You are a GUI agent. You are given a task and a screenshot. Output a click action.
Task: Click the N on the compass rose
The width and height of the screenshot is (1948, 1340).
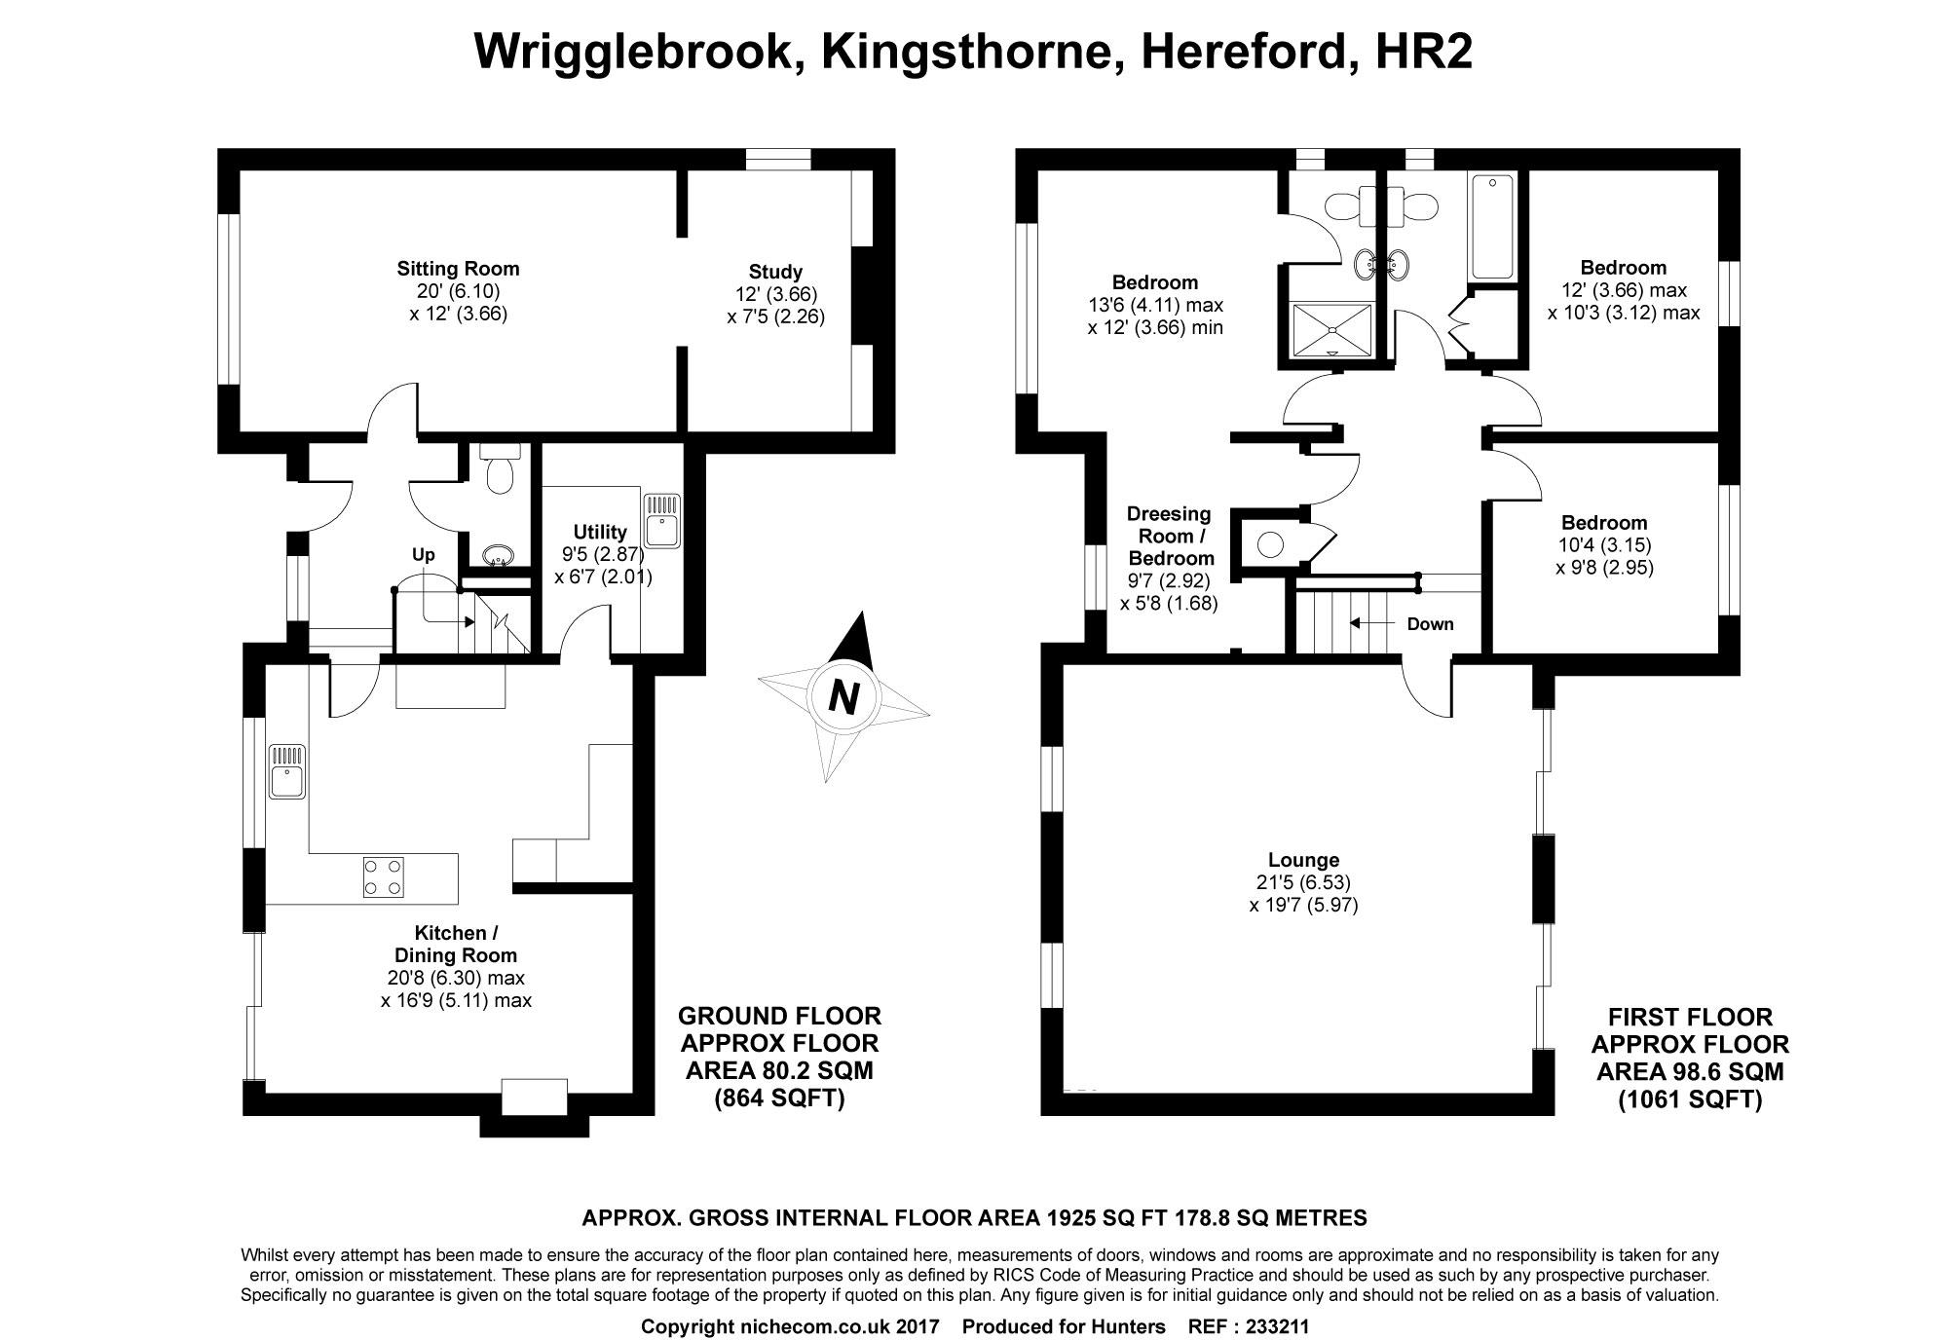(x=843, y=697)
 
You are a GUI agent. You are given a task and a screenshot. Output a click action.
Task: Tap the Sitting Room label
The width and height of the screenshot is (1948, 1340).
(x=458, y=269)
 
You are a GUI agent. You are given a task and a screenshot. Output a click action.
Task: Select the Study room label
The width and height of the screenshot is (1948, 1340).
(x=775, y=272)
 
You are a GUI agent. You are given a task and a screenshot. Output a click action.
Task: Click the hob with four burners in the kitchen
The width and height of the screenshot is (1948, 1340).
(x=384, y=875)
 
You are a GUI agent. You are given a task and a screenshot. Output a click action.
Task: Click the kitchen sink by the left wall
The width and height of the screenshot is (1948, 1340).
(x=287, y=770)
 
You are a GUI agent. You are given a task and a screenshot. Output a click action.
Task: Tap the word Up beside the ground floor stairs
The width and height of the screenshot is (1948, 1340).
(x=423, y=555)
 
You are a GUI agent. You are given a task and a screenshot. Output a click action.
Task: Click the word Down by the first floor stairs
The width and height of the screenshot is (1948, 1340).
(x=1430, y=624)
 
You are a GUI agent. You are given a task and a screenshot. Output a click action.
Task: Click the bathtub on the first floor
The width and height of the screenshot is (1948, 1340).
(x=1493, y=227)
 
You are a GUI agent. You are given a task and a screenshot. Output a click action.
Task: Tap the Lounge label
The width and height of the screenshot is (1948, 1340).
(x=1303, y=860)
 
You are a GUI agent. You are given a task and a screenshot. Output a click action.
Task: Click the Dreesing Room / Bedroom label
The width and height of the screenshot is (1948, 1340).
(x=1170, y=536)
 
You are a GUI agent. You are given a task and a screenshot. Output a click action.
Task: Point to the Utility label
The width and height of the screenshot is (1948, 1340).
(x=600, y=532)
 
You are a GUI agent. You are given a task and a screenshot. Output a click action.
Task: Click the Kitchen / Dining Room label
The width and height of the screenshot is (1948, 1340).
(x=455, y=945)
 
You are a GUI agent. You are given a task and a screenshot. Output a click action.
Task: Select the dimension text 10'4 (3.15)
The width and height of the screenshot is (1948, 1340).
(x=1605, y=545)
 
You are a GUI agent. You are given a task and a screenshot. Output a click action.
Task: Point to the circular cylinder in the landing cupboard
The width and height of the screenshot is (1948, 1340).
(x=1270, y=543)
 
